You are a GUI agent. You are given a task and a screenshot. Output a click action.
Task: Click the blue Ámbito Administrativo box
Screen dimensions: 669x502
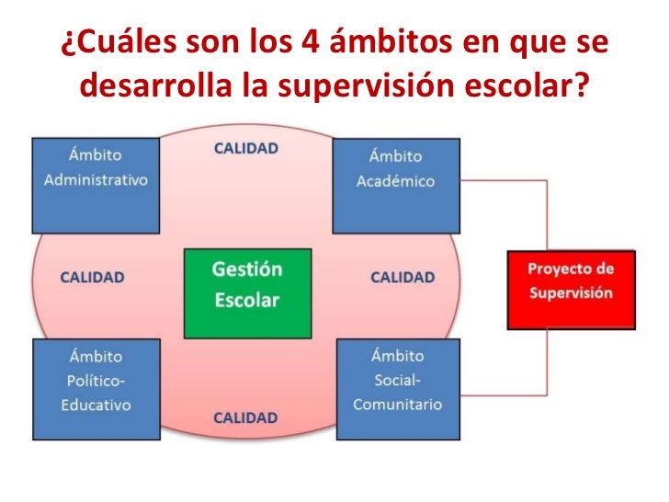[96, 185]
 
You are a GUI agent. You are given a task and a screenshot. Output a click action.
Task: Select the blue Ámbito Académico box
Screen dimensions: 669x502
[395, 185]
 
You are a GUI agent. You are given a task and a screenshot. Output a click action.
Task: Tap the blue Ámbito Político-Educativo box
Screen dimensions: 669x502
[96, 388]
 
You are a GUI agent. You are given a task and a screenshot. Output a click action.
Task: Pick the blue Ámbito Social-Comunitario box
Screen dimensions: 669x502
[397, 388]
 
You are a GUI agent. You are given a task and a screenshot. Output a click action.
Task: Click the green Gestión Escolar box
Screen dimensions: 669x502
[246, 293]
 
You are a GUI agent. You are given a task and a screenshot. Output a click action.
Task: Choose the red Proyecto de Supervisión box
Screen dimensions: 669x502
[570, 289]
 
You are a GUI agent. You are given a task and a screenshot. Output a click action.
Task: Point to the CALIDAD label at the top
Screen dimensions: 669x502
[245, 147]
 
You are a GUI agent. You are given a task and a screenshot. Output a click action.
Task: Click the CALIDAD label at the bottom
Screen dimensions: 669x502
[245, 417]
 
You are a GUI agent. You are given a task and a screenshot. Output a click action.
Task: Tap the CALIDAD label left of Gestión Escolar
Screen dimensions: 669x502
[92, 277]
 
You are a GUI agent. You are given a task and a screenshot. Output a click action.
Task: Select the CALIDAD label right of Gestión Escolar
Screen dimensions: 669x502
[402, 277]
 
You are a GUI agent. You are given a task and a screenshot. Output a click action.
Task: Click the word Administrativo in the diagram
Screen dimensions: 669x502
[96, 179]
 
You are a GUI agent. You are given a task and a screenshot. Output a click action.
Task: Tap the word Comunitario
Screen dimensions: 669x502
[397, 404]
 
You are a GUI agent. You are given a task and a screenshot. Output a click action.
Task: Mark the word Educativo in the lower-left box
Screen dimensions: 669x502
[95, 405]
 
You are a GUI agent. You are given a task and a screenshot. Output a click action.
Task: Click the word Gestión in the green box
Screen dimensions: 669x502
[246, 270]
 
